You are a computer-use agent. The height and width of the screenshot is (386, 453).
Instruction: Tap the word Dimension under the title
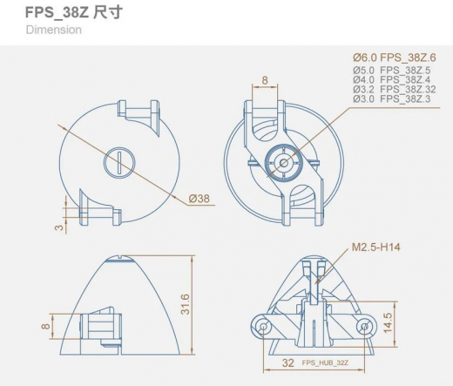point(54,30)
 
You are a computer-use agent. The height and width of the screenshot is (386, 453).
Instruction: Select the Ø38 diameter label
point(199,199)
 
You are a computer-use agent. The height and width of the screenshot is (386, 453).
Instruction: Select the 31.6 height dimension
point(185,304)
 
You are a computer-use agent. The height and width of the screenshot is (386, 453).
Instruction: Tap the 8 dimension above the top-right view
point(265,81)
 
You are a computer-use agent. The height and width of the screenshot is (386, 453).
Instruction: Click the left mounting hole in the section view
point(262,326)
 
